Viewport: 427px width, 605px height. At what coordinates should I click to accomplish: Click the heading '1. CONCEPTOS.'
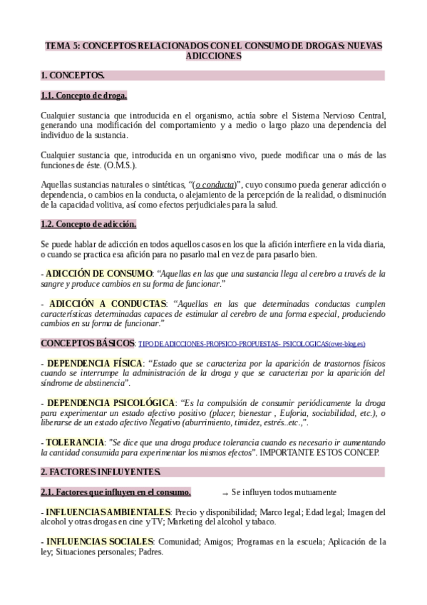pos(72,75)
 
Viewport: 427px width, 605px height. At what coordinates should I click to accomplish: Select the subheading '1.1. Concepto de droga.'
pos(83,95)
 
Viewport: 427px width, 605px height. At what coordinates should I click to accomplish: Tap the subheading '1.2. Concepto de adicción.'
pos(88,225)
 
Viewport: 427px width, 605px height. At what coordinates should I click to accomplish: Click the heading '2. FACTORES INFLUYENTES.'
pos(101,472)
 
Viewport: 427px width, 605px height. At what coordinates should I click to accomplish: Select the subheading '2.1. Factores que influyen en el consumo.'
pos(115,492)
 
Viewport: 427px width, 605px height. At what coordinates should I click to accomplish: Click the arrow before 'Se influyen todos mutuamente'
pos(225,493)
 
